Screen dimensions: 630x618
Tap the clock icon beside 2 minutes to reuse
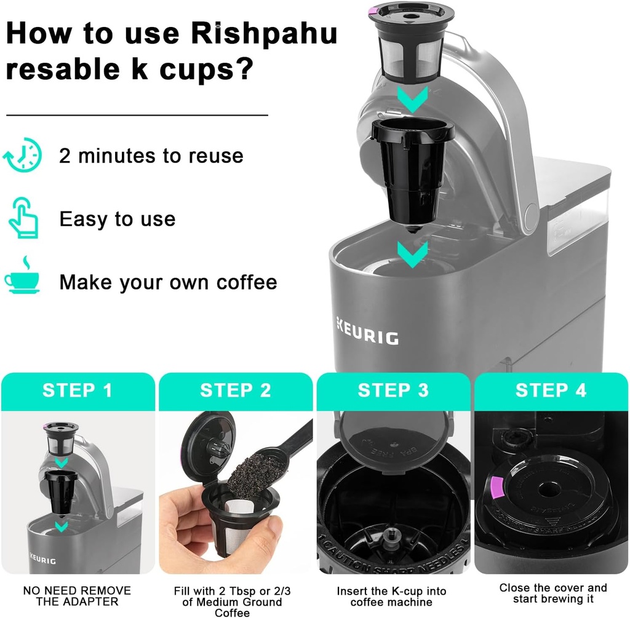[x=23, y=156]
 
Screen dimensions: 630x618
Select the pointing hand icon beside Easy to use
[x=23, y=218]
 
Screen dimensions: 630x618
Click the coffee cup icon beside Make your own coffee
[x=22, y=275]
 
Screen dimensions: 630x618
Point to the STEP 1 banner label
[x=77, y=390]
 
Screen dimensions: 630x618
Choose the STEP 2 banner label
[x=236, y=390]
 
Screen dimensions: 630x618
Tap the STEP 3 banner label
[x=393, y=390]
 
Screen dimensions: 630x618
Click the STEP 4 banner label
[x=551, y=390]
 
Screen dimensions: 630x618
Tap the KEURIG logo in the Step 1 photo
[x=42, y=559]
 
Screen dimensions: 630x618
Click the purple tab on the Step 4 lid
[x=498, y=486]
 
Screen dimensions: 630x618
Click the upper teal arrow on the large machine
[x=412, y=100]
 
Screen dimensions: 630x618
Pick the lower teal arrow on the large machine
[x=412, y=255]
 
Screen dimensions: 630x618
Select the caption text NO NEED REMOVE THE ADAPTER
[x=77, y=596]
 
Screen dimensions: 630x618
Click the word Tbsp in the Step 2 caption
[x=244, y=591]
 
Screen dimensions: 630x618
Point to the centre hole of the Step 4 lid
[x=544, y=490]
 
